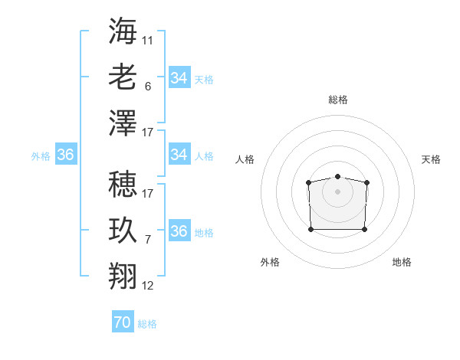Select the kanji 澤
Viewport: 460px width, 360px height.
click(123, 123)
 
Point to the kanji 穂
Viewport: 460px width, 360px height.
click(123, 183)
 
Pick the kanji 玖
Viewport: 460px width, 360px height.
click(123, 231)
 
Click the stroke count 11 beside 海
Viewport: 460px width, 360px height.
click(148, 39)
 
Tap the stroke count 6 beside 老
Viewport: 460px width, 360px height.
click(148, 87)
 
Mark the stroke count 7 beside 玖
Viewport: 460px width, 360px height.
click(148, 240)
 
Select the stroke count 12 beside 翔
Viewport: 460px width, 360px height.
click(148, 286)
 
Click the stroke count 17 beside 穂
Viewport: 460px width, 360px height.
click(148, 193)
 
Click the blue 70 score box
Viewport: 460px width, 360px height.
click(123, 323)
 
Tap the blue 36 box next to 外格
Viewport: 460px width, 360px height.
click(66, 155)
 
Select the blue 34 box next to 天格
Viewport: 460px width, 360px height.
click(179, 78)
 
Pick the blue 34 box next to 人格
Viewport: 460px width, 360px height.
click(179, 155)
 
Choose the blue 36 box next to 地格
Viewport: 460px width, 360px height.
click(179, 231)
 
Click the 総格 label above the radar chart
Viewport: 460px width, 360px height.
click(338, 100)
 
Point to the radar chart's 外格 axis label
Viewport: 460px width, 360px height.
click(270, 262)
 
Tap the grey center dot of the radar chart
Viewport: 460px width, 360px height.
click(337, 191)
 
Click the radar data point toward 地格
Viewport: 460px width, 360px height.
click(364, 229)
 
